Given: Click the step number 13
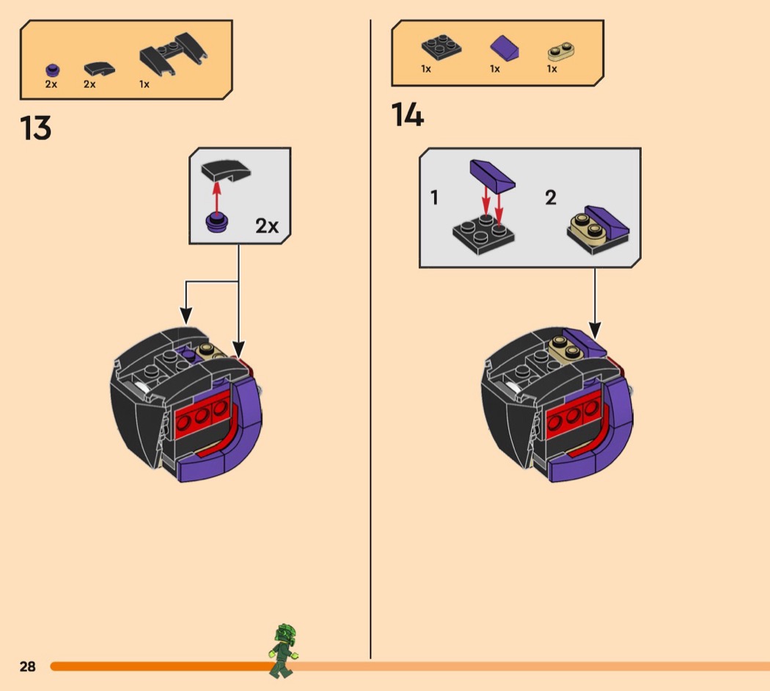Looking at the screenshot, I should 36,128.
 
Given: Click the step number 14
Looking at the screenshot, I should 408,115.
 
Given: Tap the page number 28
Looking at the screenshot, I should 27,666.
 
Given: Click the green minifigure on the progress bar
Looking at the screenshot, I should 283,650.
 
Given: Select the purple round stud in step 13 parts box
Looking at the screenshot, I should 51,70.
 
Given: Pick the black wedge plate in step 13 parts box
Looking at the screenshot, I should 173,59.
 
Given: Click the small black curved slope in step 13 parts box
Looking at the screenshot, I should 99,69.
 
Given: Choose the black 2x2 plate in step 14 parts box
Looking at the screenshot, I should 441,48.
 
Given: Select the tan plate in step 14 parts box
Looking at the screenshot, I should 561,51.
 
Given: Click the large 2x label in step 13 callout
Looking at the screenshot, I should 267,225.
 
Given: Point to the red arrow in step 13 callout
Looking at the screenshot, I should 216,197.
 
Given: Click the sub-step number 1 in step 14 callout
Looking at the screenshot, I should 434,198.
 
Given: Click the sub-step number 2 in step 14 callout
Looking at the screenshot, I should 551,197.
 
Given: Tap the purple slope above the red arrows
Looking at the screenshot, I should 491,174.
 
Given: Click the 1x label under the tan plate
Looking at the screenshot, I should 551,69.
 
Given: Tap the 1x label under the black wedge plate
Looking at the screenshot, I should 144,84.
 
